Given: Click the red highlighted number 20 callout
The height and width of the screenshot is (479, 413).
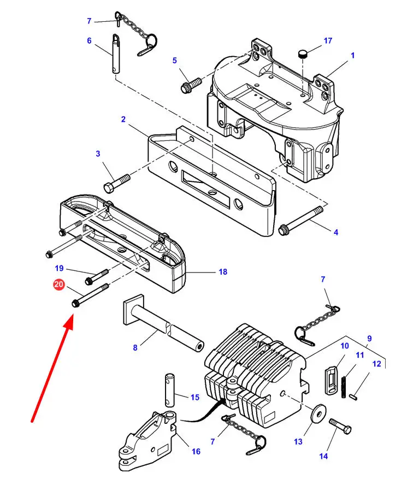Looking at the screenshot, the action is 58,285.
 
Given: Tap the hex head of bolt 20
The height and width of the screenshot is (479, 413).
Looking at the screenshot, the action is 75,303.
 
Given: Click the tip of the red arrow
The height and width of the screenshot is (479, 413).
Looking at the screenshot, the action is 73,317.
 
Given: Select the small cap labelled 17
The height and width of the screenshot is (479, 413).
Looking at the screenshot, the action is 302,55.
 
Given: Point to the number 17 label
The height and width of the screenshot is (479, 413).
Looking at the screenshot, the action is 328,40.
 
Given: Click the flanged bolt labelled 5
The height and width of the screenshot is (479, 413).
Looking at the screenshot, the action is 191,85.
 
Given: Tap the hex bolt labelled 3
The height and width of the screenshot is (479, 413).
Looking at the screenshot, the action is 117,184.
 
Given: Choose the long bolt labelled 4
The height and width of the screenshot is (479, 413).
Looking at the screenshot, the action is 301,221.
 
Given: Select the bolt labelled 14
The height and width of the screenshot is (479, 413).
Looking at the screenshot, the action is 340,426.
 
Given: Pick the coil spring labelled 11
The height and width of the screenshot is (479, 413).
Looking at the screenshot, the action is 344,387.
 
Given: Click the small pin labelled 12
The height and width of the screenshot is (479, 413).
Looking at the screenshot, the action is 353,397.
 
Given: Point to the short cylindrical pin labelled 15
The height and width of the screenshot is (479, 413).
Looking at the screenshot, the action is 170,390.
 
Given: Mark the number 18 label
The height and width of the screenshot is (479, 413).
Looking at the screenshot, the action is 223,271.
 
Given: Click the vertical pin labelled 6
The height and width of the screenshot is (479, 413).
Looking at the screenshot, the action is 115,54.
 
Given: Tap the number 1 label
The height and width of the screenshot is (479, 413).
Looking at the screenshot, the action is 353,56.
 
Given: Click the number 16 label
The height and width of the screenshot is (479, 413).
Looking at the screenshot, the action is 196,451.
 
